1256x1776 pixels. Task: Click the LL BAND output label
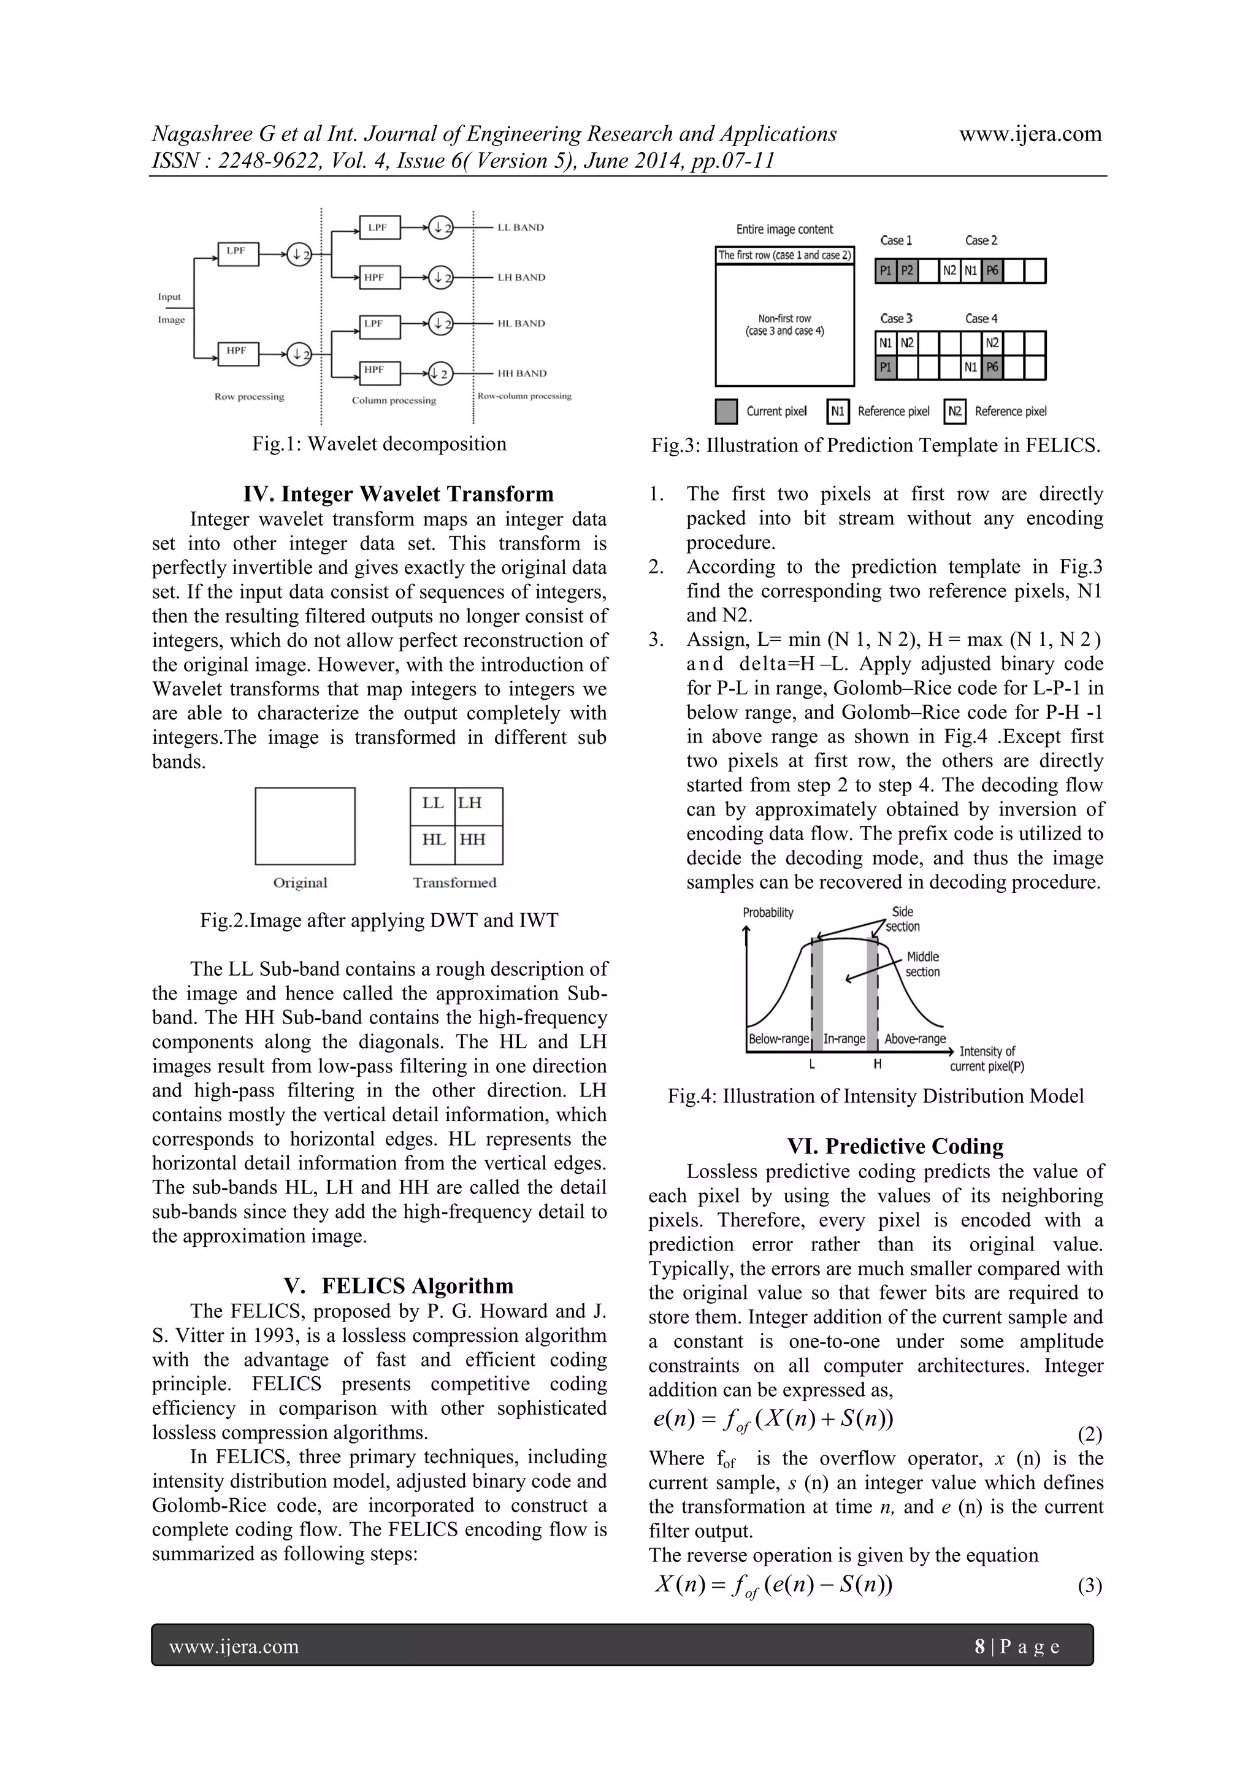[x=521, y=228]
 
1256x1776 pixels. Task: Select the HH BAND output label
[x=521, y=373]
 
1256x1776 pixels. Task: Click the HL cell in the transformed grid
[x=433, y=840]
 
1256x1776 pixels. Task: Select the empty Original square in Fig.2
[x=305, y=825]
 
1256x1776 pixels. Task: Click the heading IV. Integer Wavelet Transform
[x=398, y=494]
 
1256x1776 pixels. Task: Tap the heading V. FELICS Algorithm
[x=398, y=1285]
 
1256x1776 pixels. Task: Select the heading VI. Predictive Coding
[x=895, y=1146]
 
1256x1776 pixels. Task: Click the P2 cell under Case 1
[x=907, y=270]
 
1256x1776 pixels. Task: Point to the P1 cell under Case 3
[x=886, y=367]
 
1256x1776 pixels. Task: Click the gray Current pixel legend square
[x=726, y=411]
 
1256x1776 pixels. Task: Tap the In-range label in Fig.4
[x=844, y=1039]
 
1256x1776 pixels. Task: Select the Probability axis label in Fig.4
[x=768, y=913]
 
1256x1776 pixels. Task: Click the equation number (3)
[x=1089, y=1587]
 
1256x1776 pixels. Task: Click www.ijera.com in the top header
[x=1030, y=134]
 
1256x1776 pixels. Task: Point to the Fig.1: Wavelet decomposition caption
[x=379, y=444]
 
